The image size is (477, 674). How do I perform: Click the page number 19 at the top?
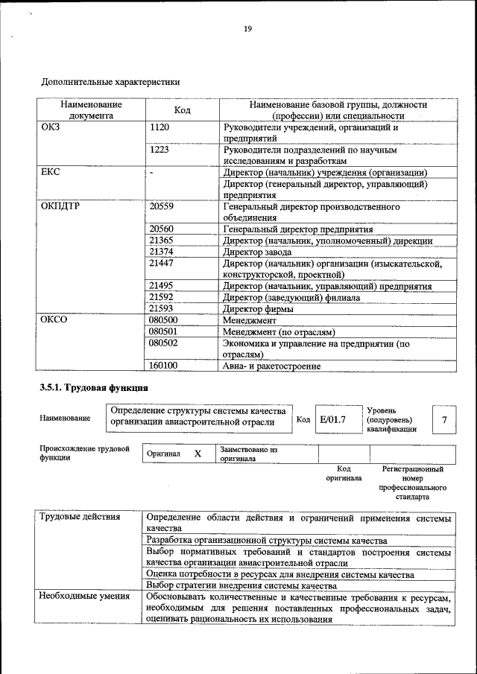247,29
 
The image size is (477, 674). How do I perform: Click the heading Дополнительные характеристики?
110,81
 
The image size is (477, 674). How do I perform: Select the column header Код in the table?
182,110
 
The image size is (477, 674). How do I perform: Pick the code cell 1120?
160,127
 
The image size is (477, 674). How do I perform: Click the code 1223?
160,150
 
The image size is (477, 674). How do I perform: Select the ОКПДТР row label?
59,206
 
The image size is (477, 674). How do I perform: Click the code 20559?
162,206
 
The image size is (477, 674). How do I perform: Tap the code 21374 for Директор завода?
162,252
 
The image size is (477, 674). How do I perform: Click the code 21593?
162,308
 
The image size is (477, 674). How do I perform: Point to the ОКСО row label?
54,319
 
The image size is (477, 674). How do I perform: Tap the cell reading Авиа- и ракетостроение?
272,366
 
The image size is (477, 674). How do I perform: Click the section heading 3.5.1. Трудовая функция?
94,388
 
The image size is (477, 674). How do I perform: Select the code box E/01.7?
333,420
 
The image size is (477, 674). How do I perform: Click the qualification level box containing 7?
444,420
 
